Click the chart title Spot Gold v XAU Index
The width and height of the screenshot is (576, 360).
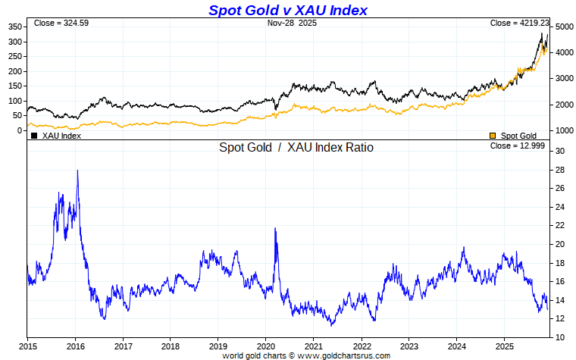point(287,10)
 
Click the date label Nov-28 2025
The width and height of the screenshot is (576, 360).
point(292,23)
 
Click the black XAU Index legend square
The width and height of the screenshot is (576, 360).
point(34,136)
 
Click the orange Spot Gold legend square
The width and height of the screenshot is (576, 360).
point(493,136)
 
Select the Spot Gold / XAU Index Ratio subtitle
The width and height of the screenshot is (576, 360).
point(296,148)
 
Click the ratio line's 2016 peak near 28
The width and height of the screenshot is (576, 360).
point(77,171)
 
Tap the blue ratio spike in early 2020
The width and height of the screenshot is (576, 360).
point(274,229)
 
